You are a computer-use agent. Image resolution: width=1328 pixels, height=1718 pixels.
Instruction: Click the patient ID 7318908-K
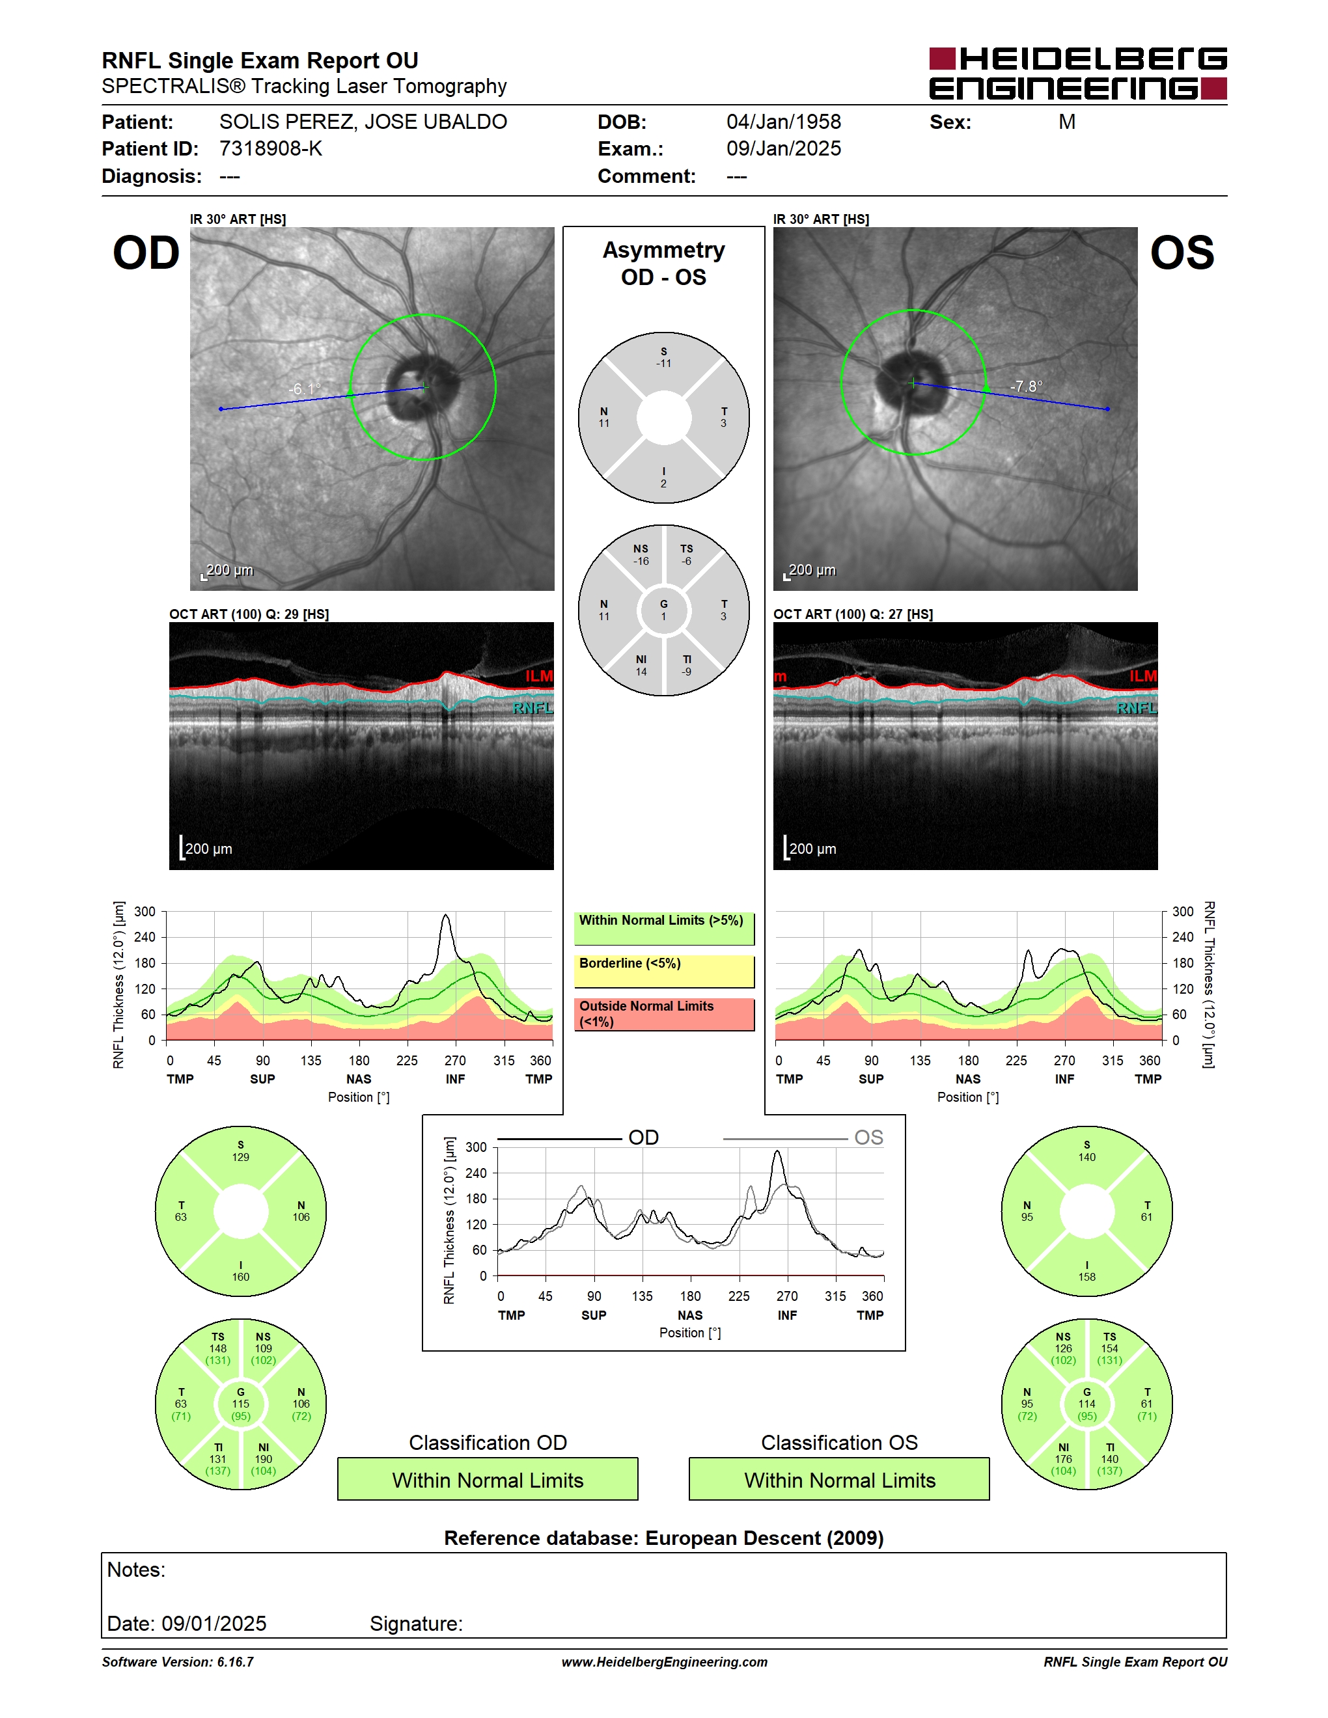pos(271,148)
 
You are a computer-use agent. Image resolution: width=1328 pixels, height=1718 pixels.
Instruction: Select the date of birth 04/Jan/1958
pos(784,122)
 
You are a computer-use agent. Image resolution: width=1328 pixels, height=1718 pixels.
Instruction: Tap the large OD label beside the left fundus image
pos(146,252)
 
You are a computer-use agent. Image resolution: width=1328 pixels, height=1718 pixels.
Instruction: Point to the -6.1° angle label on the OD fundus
pos(305,389)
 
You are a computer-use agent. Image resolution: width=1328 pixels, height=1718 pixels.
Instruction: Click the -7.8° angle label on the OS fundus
pos(1027,387)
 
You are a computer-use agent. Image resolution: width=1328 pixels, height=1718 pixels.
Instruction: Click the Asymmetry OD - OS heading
pos(663,264)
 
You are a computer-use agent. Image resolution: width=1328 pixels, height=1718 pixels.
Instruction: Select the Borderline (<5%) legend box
pos(664,972)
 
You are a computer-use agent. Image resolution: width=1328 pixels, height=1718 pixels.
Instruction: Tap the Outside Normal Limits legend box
pos(664,1014)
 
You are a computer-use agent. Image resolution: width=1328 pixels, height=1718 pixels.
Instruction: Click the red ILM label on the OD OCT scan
pos(539,675)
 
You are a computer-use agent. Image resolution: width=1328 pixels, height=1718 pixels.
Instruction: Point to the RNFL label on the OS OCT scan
pos(1137,709)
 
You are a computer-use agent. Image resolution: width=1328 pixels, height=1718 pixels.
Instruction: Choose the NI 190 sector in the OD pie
pos(264,1458)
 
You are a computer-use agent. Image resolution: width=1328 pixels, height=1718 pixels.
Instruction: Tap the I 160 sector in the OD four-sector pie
pos(241,1270)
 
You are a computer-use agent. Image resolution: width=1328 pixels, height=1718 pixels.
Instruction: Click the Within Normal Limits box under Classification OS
pos(840,1479)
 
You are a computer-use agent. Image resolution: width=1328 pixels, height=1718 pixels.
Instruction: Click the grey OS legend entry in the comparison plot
pos(803,1138)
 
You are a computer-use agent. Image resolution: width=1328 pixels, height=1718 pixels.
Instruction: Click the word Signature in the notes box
pos(416,1623)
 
